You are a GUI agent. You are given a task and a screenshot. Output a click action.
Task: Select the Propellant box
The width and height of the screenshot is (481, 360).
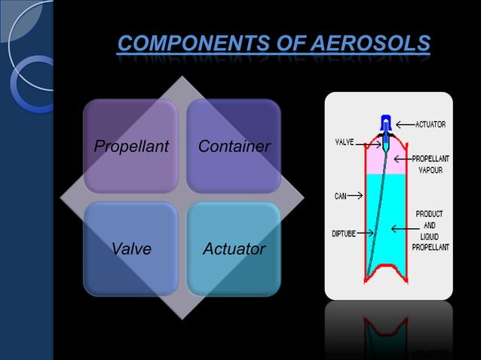click(x=130, y=146)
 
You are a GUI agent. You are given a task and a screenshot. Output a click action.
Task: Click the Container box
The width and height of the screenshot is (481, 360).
click(x=234, y=146)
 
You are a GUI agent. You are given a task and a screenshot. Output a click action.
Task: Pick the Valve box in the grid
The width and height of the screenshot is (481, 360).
click(x=130, y=249)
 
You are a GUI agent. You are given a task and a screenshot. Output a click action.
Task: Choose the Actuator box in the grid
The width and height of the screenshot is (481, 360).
click(x=234, y=249)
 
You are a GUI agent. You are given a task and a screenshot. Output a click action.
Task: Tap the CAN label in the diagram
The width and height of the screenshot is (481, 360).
click(x=340, y=196)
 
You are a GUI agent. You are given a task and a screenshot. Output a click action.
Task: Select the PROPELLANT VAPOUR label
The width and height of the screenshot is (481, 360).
click(x=430, y=164)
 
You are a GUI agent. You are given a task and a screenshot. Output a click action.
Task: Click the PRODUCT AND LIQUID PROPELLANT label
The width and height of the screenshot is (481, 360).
click(x=432, y=230)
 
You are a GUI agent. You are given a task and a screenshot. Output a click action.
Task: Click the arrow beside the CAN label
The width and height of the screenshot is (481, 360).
click(x=357, y=196)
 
